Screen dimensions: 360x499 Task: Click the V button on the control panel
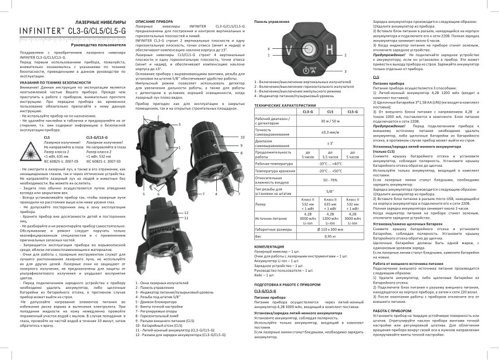tap(290, 51)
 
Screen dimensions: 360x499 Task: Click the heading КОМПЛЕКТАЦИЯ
tap(269, 247)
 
